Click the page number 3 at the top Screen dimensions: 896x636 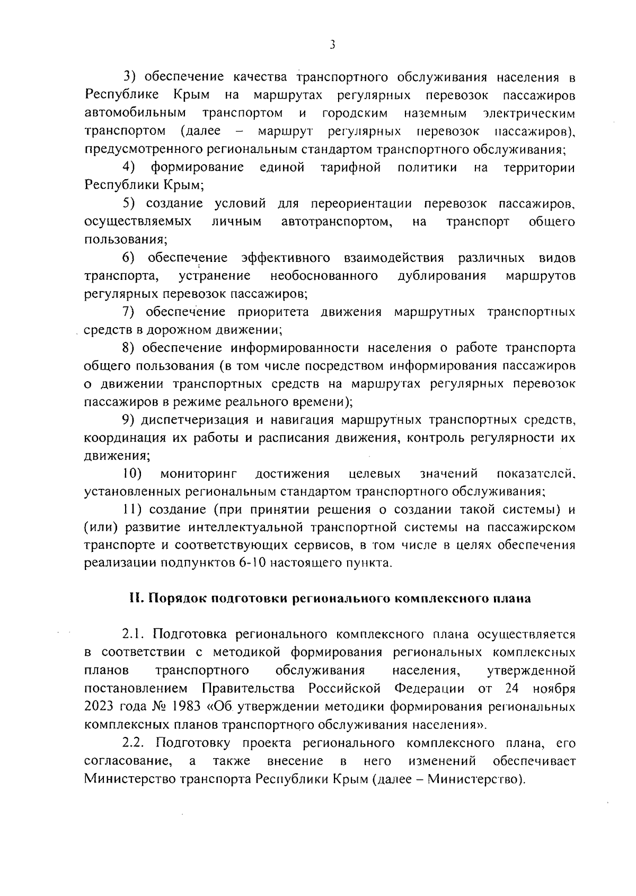coord(332,45)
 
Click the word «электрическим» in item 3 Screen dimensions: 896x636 coord(529,113)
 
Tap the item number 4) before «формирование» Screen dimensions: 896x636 coord(129,168)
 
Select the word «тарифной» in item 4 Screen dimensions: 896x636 coord(351,168)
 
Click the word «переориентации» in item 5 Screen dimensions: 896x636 coord(361,204)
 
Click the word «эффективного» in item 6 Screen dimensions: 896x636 coord(286,258)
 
